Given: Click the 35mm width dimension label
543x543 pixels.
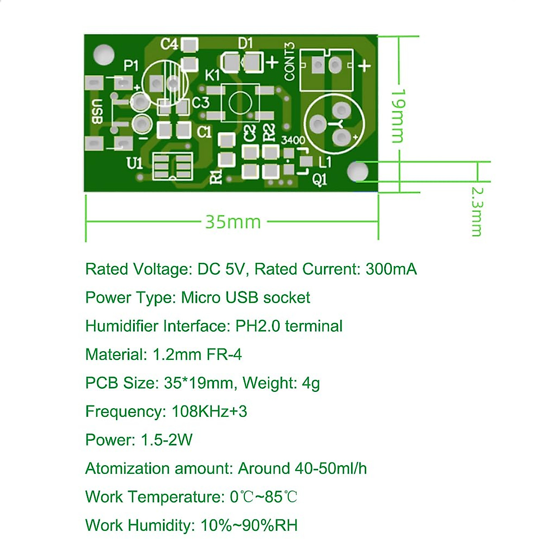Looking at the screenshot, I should coord(233,222).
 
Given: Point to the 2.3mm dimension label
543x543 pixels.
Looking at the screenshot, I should coord(476,211).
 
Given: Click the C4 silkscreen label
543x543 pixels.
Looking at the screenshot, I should coord(170,44).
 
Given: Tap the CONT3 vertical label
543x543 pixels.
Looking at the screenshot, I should coord(290,62).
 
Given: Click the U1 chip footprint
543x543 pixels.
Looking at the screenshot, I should coord(172,167).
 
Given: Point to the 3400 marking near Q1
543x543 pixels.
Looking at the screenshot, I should coord(293,140).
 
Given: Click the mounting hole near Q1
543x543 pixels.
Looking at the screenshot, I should coord(358,171).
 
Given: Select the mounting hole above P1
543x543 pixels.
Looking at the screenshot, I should coord(104,54).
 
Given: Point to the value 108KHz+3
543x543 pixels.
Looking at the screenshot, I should coord(209,411).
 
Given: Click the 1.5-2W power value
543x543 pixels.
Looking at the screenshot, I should coord(167,440).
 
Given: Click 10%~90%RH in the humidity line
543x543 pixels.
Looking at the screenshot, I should coord(249,525).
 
